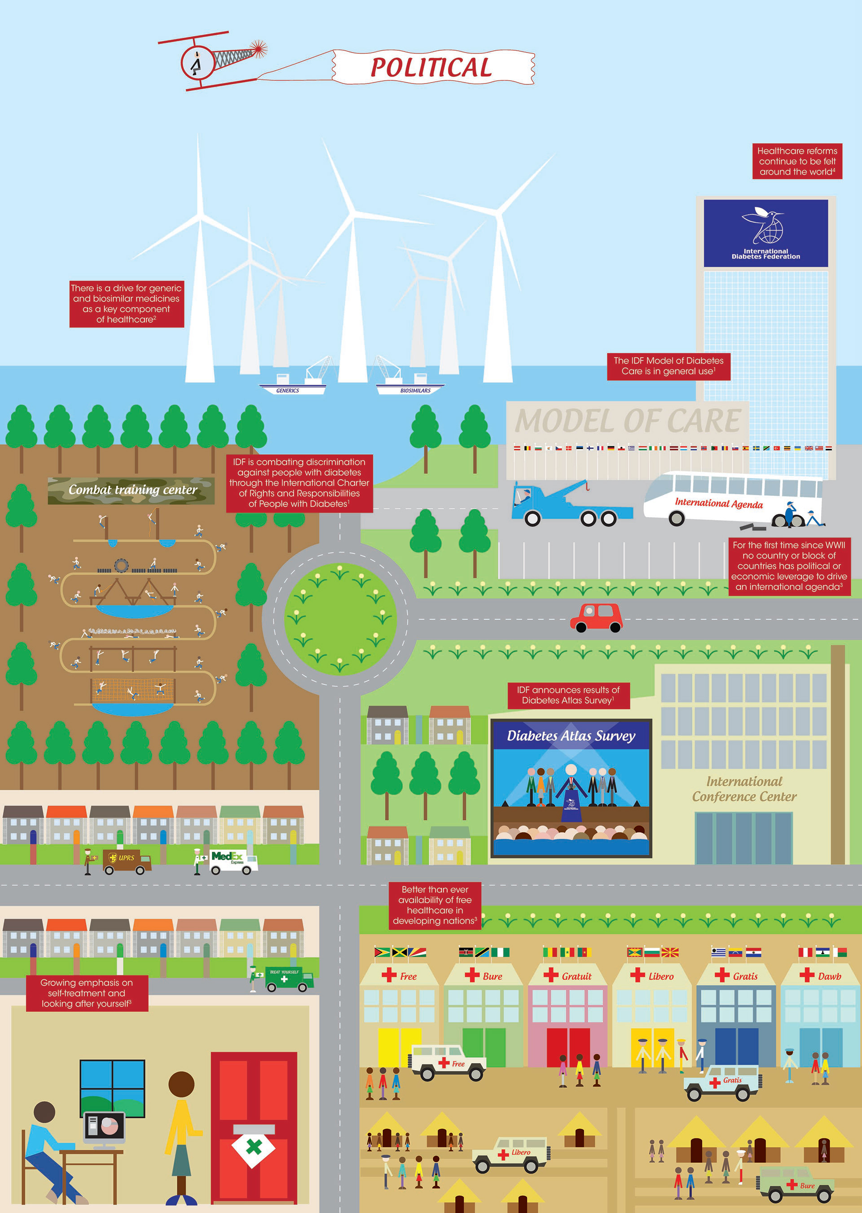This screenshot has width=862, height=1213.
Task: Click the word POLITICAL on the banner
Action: point(431,67)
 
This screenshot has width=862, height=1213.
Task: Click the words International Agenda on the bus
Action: point(719,503)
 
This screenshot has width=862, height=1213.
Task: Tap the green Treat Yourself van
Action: point(289,980)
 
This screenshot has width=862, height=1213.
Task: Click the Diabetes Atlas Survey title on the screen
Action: point(571,736)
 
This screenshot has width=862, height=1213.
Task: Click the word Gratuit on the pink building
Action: point(576,977)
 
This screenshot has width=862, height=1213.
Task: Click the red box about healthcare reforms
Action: point(797,161)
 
